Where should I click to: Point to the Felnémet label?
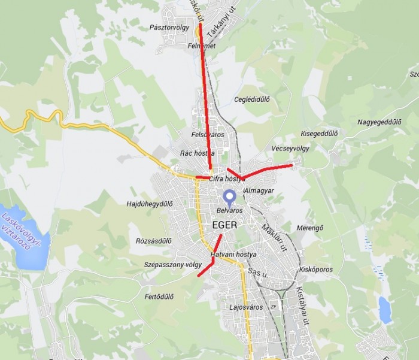(x=201, y=46)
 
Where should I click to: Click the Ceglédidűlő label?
(x=252, y=99)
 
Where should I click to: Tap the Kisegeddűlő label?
(x=320, y=133)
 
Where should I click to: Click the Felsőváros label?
(x=207, y=135)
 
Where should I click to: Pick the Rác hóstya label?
(x=198, y=153)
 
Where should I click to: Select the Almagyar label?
(x=259, y=190)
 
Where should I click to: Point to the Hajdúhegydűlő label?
(x=150, y=204)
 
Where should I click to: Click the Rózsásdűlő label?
(x=154, y=241)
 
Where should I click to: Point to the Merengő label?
(x=310, y=228)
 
